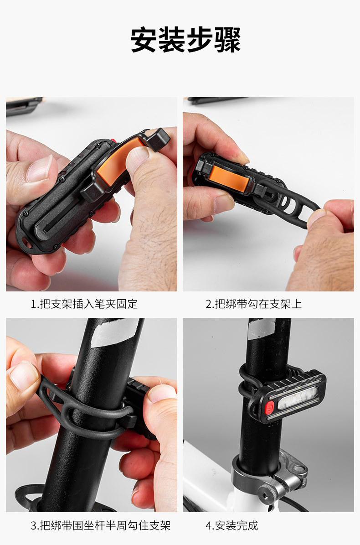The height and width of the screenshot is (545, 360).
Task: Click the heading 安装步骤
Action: [x=185, y=40]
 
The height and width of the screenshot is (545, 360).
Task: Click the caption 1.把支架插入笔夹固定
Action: [x=84, y=304]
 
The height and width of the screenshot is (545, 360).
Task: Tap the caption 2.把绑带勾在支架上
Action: [x=254, y=304]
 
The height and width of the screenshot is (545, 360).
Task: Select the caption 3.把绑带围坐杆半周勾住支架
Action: [x=101, y=525]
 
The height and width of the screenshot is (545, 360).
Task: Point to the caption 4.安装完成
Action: [x=232, y=525]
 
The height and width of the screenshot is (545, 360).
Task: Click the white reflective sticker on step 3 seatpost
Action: [x=114, y=332]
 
